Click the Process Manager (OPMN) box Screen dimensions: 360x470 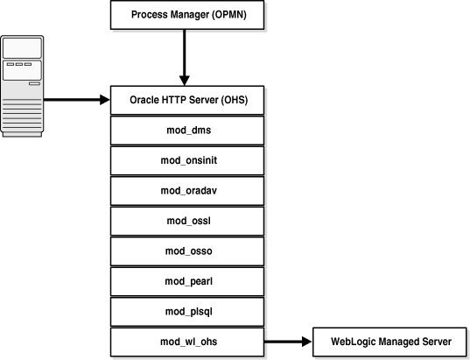[x=186, y=15]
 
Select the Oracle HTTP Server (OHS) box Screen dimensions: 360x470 [x=186, y=99]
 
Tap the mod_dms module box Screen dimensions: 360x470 [x=186, y=130]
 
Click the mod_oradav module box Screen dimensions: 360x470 [x=186, y=190]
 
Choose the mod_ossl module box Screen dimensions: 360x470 [x=186, y=221]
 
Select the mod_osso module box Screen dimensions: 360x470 [x=186, y=251]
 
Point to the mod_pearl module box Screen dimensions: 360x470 [x=186, y=281]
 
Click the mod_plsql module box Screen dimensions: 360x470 [x=186, y=311]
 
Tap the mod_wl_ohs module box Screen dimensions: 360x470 [x=186, y=342]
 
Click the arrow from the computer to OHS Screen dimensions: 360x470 [x=77, y=99]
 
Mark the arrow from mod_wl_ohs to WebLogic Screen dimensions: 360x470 [x=288, y=342]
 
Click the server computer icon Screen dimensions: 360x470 [x=21, y=85]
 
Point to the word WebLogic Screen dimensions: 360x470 [x=351, y=342]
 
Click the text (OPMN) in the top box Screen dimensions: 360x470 [x=228, y=15]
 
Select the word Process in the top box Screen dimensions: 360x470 [x=150, y=15]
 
